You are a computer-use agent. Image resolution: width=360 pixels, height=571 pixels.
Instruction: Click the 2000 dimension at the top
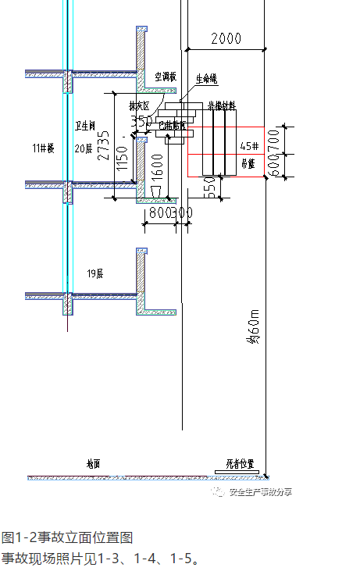coord(225,38)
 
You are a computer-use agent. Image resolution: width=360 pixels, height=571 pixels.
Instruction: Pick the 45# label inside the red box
coord(249,146)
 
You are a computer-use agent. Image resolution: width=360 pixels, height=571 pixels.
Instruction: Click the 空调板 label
coord(166,77)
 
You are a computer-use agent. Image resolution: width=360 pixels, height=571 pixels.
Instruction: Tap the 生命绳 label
coord(206,79)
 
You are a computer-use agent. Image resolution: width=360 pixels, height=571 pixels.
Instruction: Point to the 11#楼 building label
coord(42,148)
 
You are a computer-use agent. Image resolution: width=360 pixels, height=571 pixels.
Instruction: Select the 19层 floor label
coord(95,273)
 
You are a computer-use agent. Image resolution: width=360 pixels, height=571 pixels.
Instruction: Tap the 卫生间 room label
coord(84,125)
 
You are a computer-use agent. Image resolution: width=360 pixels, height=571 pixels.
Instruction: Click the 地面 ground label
coord(94,464)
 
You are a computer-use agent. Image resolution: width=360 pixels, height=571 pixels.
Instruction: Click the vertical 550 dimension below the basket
coord(209,188)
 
